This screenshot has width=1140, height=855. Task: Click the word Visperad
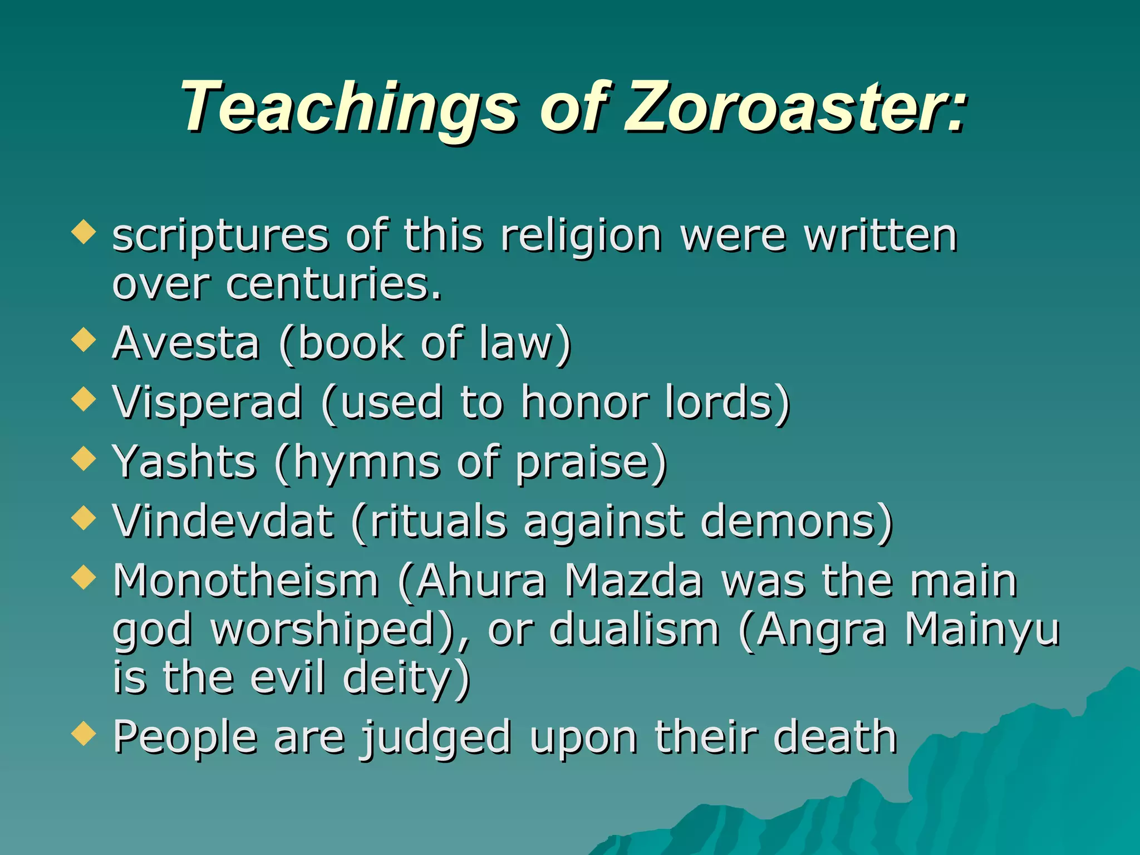208,402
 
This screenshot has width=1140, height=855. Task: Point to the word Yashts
184,462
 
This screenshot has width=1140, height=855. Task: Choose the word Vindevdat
223,522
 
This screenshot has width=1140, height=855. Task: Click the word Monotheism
246,581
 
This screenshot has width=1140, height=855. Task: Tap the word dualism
635,630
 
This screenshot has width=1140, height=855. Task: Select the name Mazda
634,581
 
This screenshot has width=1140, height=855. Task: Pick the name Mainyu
982,630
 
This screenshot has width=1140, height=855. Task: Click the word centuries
333,284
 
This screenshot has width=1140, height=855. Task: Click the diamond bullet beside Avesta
84,339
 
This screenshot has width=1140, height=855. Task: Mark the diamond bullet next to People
84,733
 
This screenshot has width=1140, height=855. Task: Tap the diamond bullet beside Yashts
84,458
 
